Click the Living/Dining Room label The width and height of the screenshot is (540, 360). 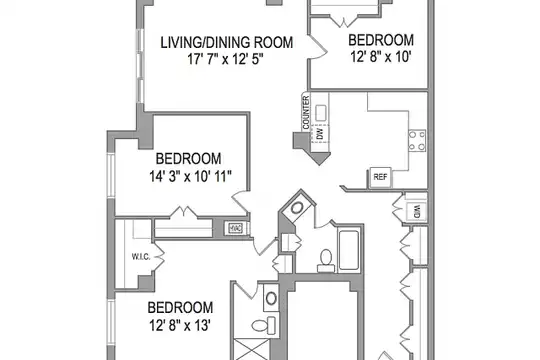227,42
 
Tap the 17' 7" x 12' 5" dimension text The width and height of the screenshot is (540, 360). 225,59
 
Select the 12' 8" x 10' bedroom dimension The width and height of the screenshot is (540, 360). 381,56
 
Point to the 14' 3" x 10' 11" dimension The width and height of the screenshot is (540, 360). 190,176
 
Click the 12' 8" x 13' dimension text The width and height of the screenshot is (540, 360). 180,325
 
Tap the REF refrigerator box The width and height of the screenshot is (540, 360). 380,177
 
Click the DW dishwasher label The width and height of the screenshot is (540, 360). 320,133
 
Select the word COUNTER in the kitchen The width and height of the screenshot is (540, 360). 306,112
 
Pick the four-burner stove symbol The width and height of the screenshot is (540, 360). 417,140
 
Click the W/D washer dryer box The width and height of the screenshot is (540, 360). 416,212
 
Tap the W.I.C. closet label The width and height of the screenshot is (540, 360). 141,257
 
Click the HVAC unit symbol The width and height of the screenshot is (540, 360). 236,228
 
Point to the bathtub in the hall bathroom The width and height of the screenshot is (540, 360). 349,250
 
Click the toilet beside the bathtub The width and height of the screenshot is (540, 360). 326,261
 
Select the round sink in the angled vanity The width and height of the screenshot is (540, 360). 297,208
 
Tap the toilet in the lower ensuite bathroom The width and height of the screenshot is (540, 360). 264,325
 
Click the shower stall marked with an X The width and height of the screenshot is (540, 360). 251,349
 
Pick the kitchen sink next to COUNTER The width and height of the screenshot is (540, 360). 321,113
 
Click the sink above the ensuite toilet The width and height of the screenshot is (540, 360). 271,298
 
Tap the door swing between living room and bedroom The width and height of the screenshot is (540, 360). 318,47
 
